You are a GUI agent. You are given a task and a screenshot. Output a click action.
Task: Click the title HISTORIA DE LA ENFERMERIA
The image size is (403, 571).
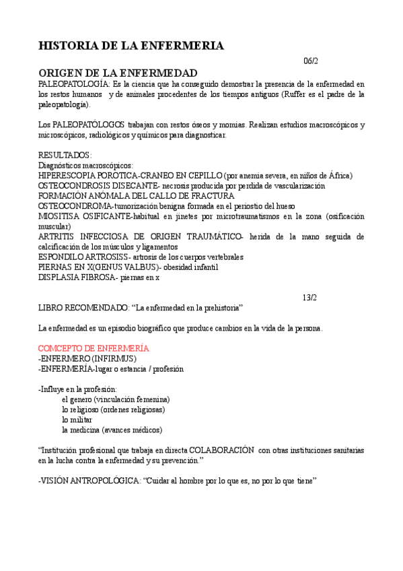[x=131, y=46]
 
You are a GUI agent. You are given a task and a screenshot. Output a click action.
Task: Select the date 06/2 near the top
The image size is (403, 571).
[x=311, y=61]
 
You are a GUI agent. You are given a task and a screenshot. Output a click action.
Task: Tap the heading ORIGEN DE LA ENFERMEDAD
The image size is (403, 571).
[x=118, y=73]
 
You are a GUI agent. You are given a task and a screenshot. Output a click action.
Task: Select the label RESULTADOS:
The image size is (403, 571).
[x=65, y=155]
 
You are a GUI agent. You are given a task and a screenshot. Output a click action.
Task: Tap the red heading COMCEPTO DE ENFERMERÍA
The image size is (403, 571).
[x=94, y=347]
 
